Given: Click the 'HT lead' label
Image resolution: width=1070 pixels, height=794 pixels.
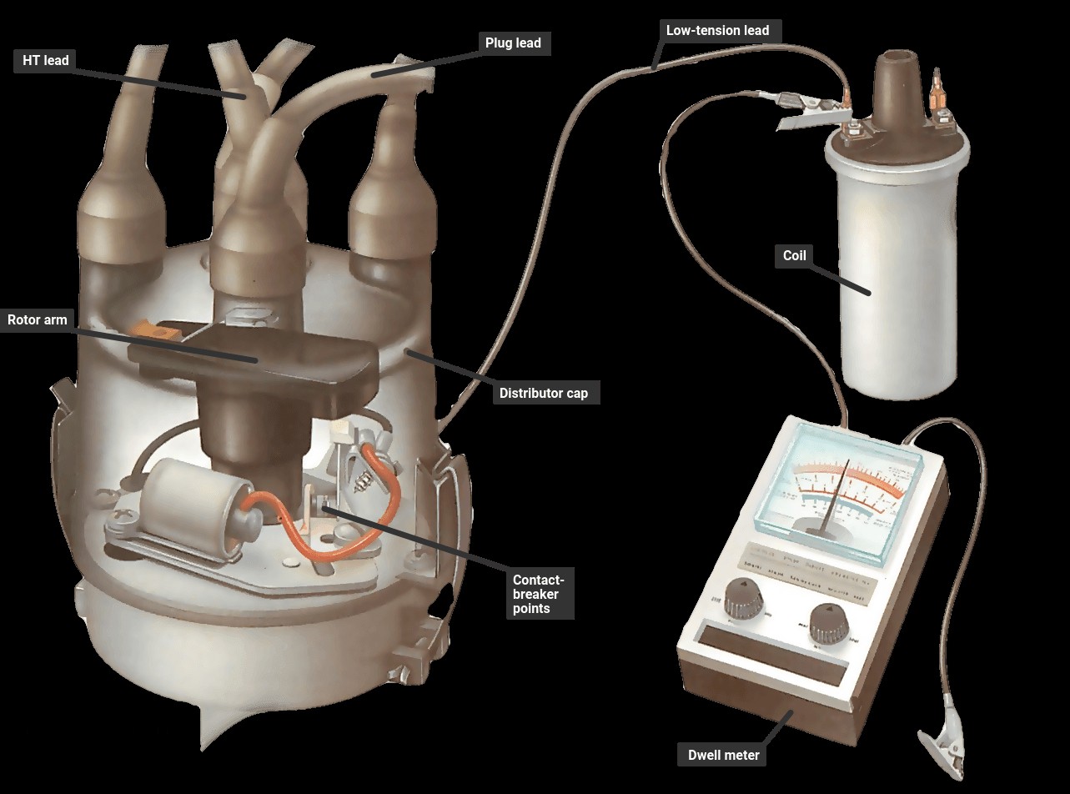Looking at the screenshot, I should click(x=45, y=61).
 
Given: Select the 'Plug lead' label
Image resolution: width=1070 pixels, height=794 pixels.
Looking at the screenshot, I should click(x=513, y=43).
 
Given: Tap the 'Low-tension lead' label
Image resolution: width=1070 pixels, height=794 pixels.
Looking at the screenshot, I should click(x=717, y=30).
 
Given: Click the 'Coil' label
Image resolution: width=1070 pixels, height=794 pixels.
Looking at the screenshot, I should click(x=795, y=256).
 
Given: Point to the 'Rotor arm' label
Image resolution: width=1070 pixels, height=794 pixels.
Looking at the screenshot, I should click(x=38, y=320).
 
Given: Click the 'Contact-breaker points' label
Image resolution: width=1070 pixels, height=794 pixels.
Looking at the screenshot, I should click(x=539, y=594).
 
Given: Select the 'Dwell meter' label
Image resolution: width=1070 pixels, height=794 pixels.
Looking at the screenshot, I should click(x=723, y=755).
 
